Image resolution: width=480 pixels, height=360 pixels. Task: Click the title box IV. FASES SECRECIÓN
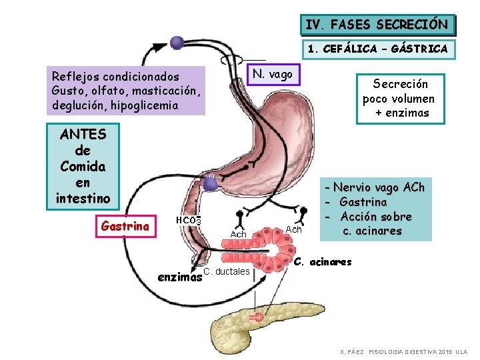pyautogui.click(x=377, y=25)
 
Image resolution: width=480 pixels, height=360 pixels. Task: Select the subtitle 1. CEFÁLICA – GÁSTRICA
pyautogui.click(x=377, y=49)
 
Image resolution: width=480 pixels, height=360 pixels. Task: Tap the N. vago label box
pyautogui.click(x=273, y=74)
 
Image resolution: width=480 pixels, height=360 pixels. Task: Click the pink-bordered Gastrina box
pyautogui.click(x=125, y=227)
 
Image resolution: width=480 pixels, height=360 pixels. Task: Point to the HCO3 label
pyautogui.click(x=189, y=221)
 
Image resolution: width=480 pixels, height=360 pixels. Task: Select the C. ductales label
pyautogui.click(x=227, y=271)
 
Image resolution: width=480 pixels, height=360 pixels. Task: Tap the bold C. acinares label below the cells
pyautogui.click(x=322, y=262)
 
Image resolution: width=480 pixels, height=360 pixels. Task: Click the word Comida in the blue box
pyautogui.click(x=83, y=165)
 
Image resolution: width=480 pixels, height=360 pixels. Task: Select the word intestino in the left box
pyautogui.click(x=83, y=197)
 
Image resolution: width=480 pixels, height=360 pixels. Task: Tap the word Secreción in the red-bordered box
pyautogui.click(x=400, y=84)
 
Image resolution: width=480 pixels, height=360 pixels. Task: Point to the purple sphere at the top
pyautogui.click(x=177, y=43)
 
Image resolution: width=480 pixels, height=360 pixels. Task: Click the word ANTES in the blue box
pyautogui.click(x=83, y=133)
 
